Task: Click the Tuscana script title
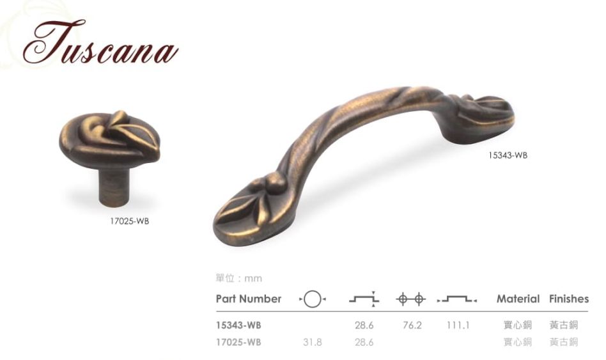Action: coord(100,43)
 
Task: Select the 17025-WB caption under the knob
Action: coord(130,222)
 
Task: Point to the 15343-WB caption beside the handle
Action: coord(508,155)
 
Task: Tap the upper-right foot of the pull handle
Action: coord(479,118)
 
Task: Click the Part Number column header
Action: coord(249,299)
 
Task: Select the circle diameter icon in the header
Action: coord(313,299)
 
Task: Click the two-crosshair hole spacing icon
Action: coord(410,299)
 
